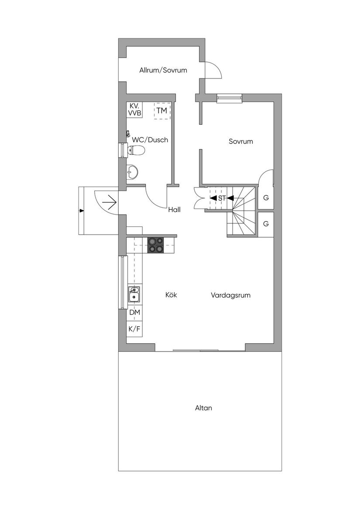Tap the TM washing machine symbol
[x=162, y=111]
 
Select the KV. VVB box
[x=134, y=109]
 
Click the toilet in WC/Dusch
[x=136, y=151]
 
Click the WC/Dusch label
[x=150, y=140]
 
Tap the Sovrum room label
[x=241, y=141]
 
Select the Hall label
[x=175, y=210]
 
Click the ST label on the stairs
[x=222, y=198]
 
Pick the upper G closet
[x=266, y=198]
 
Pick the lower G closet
[x=266, y=224]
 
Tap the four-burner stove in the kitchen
[x=155, y=245]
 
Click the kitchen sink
[x=134, y=294]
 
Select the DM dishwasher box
[x=134, y=313]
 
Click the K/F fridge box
[x=134, y=329]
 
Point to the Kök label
[x=171, y=295]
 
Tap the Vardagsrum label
[x=230, y=295]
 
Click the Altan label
[x=203, y=408]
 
